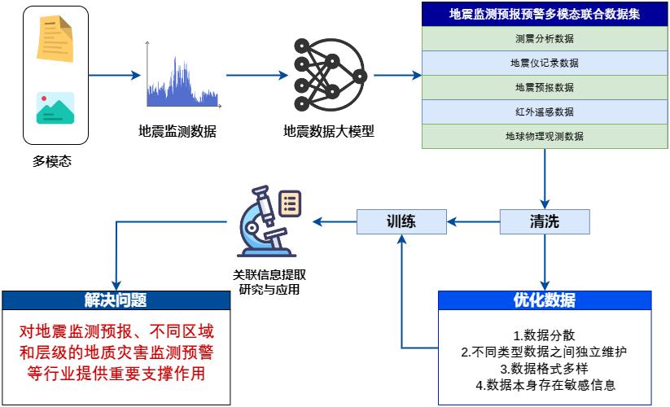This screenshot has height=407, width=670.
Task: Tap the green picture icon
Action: click(x=55, y=108)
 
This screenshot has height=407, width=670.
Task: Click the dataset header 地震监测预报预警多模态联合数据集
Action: click(x=544, y=14)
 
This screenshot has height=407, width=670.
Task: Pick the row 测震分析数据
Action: click(x=544, y=38)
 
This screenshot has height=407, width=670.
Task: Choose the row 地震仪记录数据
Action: click(x=544, y=63)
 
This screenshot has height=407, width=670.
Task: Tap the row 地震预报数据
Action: click(x=544, y=87)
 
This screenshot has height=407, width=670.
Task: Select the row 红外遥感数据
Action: click(x=544, y=112)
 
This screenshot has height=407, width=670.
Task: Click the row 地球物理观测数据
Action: click(x=544, y=136)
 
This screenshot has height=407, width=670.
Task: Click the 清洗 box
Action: click(x=545, y=221)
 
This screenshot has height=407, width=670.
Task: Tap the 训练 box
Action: click(x=402, y=221)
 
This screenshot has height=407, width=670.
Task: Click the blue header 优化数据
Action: click(x=544, y=300)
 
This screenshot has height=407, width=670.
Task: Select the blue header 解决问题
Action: click(x=115, y=300)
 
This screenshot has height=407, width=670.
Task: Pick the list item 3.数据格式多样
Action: click(x=544, y=369)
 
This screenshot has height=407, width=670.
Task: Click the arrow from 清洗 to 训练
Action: click(x=474, y=221)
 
